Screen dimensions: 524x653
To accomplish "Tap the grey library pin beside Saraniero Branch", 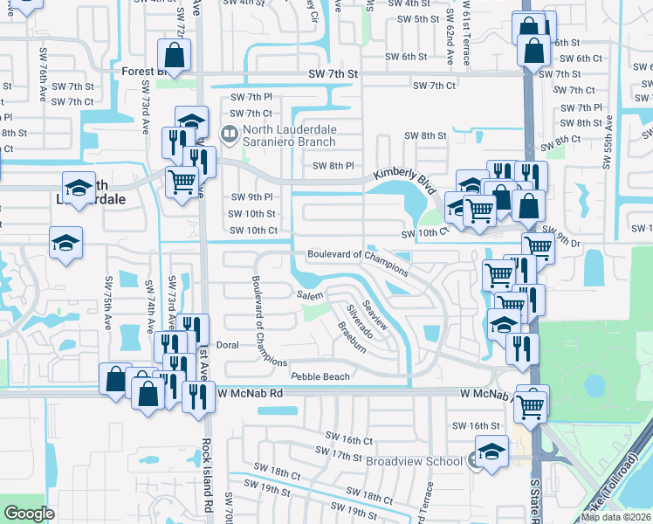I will (230, 134).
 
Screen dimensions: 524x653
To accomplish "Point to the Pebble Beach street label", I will (320, 376).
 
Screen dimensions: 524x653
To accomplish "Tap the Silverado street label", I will (360, 321).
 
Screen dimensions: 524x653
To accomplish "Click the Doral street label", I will (227, 345).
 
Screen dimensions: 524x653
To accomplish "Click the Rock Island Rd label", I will (208, 472).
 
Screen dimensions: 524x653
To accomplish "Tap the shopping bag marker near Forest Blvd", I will (175, 57).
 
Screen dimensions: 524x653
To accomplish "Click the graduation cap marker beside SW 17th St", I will (491, 452).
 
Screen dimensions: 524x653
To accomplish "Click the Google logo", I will (30, 513).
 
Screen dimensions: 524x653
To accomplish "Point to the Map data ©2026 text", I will (615, 517).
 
